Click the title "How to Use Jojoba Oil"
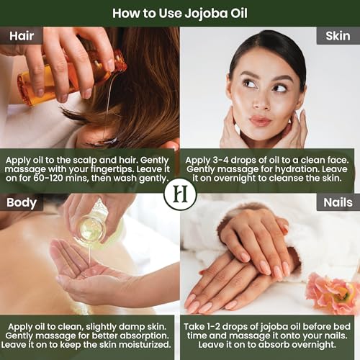[180, 12]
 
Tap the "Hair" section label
[21, 36]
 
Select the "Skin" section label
[338, 36]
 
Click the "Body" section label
[22, 202]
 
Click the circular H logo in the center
[180, 194]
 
